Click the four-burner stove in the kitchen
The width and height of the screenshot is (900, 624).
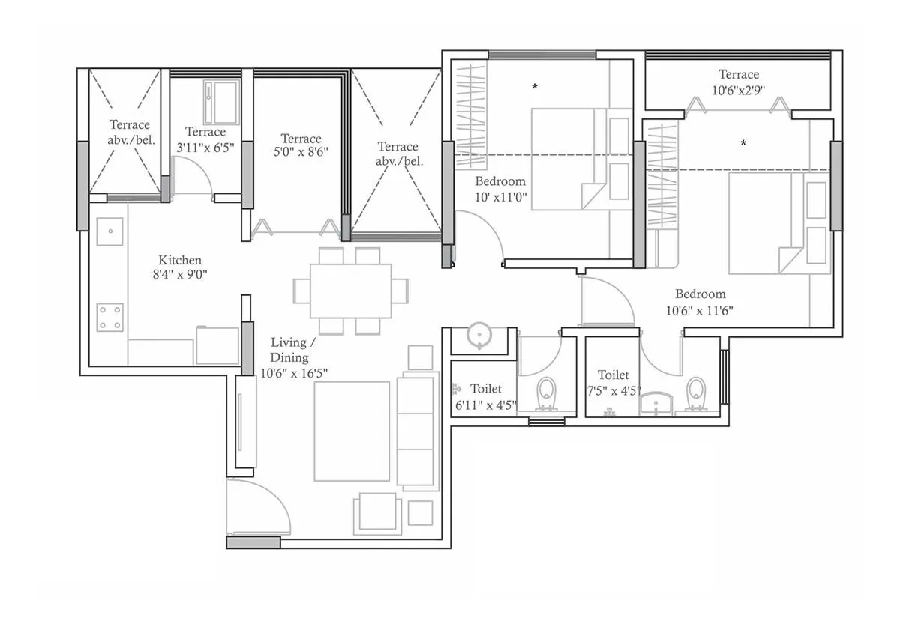[109, 318]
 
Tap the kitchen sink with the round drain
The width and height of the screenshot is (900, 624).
[110, 231]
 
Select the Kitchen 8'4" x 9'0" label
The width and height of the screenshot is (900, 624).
[179, 267]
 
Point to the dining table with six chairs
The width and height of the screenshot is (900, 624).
[351, 291]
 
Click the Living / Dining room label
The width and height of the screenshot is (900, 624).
[293, 357]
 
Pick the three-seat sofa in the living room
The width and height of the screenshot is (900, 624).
[416, 432]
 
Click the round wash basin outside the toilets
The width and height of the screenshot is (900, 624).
[478, 336]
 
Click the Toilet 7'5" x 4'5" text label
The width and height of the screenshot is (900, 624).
[613, 381]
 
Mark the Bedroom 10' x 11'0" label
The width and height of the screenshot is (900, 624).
[500, 188]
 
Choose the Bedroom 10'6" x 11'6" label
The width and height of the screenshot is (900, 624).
[700, 301]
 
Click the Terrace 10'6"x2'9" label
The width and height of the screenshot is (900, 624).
[739, 81]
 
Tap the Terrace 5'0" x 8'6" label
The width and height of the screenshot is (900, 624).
[301, 145]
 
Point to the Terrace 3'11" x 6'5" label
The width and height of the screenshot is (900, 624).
[205, 139]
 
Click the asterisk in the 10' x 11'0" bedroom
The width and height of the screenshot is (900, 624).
[535, 87]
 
